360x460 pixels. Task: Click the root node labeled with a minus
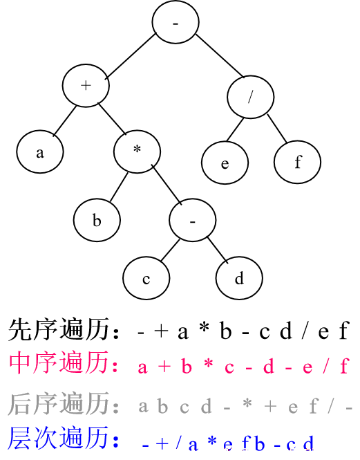(x=176, y=21)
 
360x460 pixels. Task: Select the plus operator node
(x=86, y=86)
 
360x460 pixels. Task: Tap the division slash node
(x=251, y=97)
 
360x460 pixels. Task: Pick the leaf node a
(x=40, y=151)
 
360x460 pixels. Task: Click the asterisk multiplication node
(x=138, y=151)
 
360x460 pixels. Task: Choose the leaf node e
(x=225, y=163)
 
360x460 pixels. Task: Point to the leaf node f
(x=297, y=162)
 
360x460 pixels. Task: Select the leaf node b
(x=97, y=220)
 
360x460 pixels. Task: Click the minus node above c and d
(x=193, y=220)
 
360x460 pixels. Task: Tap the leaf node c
(x=146, y=278)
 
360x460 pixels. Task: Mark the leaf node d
(x=239, y=278)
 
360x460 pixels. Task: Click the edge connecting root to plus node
(x=131, y=56)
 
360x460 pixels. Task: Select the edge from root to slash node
(x=220, y=56)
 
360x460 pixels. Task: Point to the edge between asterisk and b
(x=119, y=187)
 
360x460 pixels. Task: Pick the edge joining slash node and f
(x=277, y=129)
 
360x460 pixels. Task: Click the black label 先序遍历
(x=59, y=329)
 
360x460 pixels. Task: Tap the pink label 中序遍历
(x=59, y=362)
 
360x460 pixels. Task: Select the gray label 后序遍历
(x=59, y=404)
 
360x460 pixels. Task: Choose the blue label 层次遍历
(x=58, y=438)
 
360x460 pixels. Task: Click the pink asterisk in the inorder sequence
(x=209, y=364)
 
